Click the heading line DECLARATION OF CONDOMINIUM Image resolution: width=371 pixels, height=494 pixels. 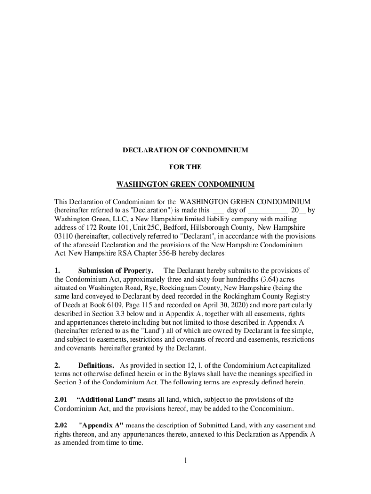click(x=185, y=150)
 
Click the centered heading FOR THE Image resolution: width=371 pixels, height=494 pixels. click(x=185, y=167)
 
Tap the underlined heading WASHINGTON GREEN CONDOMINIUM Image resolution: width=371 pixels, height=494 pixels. click(x=185, y=184)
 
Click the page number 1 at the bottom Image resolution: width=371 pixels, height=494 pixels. click(x=185, y=460)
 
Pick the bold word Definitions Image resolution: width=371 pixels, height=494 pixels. click(x=96, y=365)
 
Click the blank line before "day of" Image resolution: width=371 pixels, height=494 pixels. click(x=218, y=210)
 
